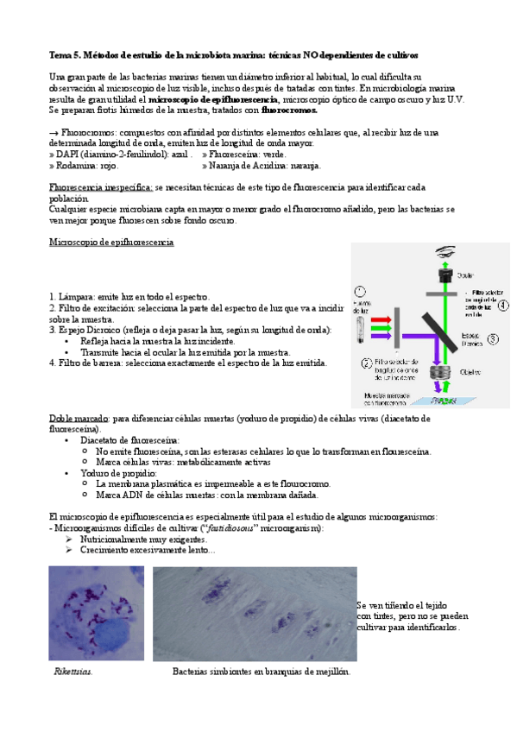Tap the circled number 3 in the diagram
click(x=494, y=338)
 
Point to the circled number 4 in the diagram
click(x=502, y=304)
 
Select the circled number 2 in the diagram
click(x=367, y=361)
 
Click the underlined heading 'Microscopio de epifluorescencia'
click(x=111, y=243)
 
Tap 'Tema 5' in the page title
click(x=66, y=54)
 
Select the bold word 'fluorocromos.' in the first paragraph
click(x=289, y=110)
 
